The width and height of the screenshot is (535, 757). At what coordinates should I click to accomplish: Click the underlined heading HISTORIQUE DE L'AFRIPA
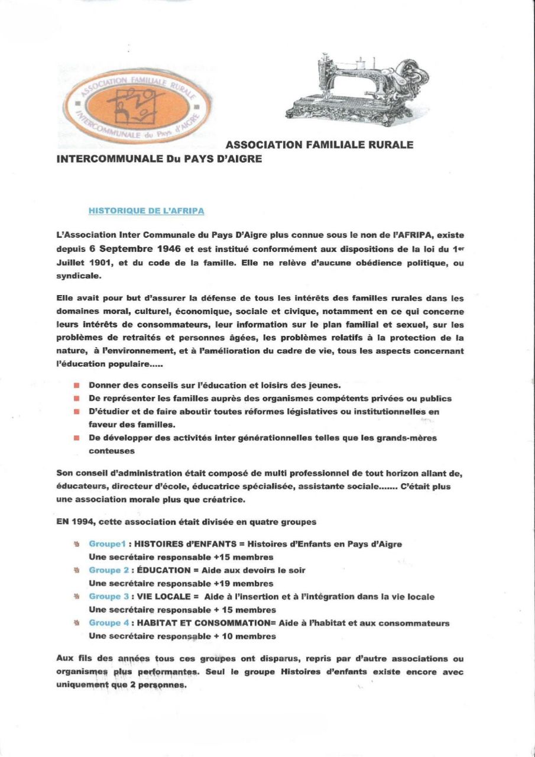(x=147, y=210)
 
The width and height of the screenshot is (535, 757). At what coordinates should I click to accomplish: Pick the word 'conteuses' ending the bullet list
(x=111, y=451)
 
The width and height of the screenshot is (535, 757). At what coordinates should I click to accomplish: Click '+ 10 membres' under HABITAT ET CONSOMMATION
(x=245, y=636)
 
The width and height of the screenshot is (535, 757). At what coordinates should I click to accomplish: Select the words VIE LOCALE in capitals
(x=164, y=597)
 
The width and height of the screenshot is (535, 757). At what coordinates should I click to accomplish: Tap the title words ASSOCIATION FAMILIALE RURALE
(x=319, y=144)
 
